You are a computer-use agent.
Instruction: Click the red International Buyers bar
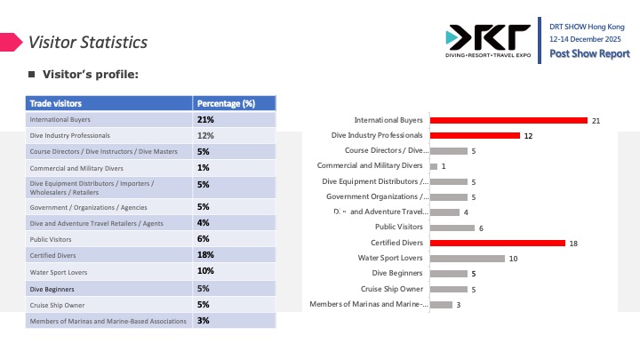click(x=508, y=120)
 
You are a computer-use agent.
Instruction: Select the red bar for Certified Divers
click(x=497, y=243)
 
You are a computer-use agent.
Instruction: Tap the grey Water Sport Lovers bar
click(x=467, y=259)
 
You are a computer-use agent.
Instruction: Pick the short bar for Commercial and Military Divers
click(x=433, y=166)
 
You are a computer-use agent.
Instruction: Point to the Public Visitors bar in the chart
click(x=452, y=228)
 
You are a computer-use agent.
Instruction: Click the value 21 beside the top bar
click(x=597, y=120)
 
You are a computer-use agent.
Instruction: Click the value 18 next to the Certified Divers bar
click(x=574, y=243)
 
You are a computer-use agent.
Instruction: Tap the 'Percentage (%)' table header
click(x=225, y=103)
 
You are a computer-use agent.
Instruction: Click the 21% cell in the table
click(x=205, y=119)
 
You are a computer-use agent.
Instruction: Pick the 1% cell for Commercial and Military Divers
click(x=203, y=168)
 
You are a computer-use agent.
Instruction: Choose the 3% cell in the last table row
click(x=203, y=320)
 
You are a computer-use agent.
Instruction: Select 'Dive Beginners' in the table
click(x=52, y=289)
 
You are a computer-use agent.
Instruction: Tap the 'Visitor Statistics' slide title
click(x=87, y=42)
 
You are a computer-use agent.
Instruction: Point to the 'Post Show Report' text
click(x=589, y=54)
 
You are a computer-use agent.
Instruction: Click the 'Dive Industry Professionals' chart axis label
click(x=377, y=135)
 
